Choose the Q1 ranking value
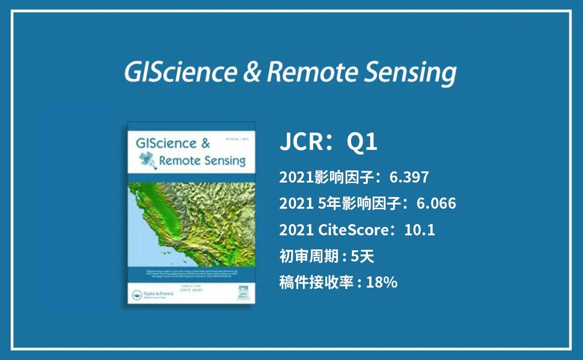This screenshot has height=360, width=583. click(362, 142)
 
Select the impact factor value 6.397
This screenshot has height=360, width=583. click(409, 177)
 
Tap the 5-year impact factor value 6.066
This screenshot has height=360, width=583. click(436, 204)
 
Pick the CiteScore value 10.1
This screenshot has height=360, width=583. click(420, 230)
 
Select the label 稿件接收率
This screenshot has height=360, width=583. click(316, 282)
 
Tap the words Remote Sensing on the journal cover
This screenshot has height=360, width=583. click(202, 161)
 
